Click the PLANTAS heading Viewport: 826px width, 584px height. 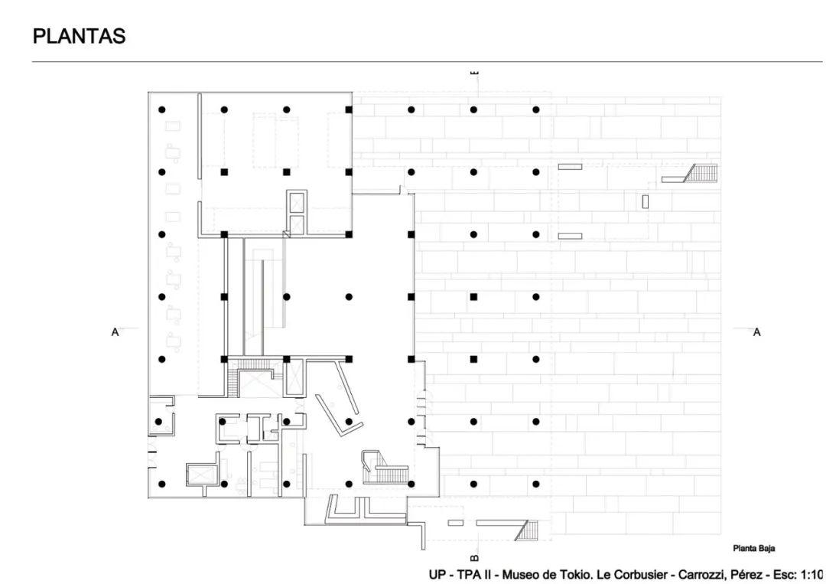point(79,37)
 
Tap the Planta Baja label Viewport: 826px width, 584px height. point(753,549)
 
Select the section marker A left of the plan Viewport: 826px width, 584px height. point(115,333)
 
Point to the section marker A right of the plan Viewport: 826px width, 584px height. point(757,333)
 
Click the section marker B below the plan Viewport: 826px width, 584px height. point(473,557)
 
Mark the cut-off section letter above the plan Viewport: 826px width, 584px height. point(474,72)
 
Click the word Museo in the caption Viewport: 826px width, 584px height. point(521,575)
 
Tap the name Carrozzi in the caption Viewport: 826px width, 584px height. point(701,575)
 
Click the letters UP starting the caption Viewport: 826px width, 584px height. point(437,575)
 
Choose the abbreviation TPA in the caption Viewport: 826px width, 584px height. point(467,575)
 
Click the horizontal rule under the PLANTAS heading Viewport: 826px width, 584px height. point(428,62)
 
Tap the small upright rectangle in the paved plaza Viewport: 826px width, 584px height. point(646,201)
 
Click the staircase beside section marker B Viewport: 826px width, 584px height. point(527,530)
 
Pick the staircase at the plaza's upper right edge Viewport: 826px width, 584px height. point(701,174)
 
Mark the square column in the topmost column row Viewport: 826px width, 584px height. point(349,109)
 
